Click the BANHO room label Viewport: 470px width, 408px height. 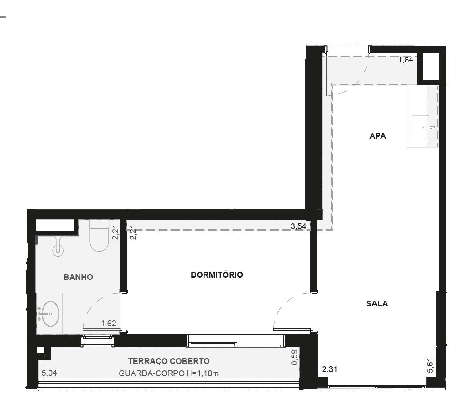point(78,277)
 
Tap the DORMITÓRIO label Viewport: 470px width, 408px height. point(217,275)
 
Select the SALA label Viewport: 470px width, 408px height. point(377,304)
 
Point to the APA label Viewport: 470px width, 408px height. point(378,136)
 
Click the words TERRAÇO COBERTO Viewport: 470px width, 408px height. point(169,361)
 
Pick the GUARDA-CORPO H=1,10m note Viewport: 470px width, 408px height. point(169,373)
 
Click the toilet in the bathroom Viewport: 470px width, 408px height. point(99,235)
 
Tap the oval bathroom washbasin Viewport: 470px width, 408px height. point(50,314)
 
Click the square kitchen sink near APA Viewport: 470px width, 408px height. point(421,127)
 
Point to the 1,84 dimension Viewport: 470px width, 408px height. point(406,60)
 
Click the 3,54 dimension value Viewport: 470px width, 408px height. point(298,226)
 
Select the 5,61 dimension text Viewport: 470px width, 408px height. point(430,365)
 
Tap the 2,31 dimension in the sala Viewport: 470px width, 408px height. point(330,369)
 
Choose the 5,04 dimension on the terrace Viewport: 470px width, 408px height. point(49,373)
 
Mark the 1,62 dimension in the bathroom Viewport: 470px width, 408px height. point(108,324)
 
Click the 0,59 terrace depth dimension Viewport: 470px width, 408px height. point(295,357)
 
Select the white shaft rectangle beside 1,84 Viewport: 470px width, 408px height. point(430,67)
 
